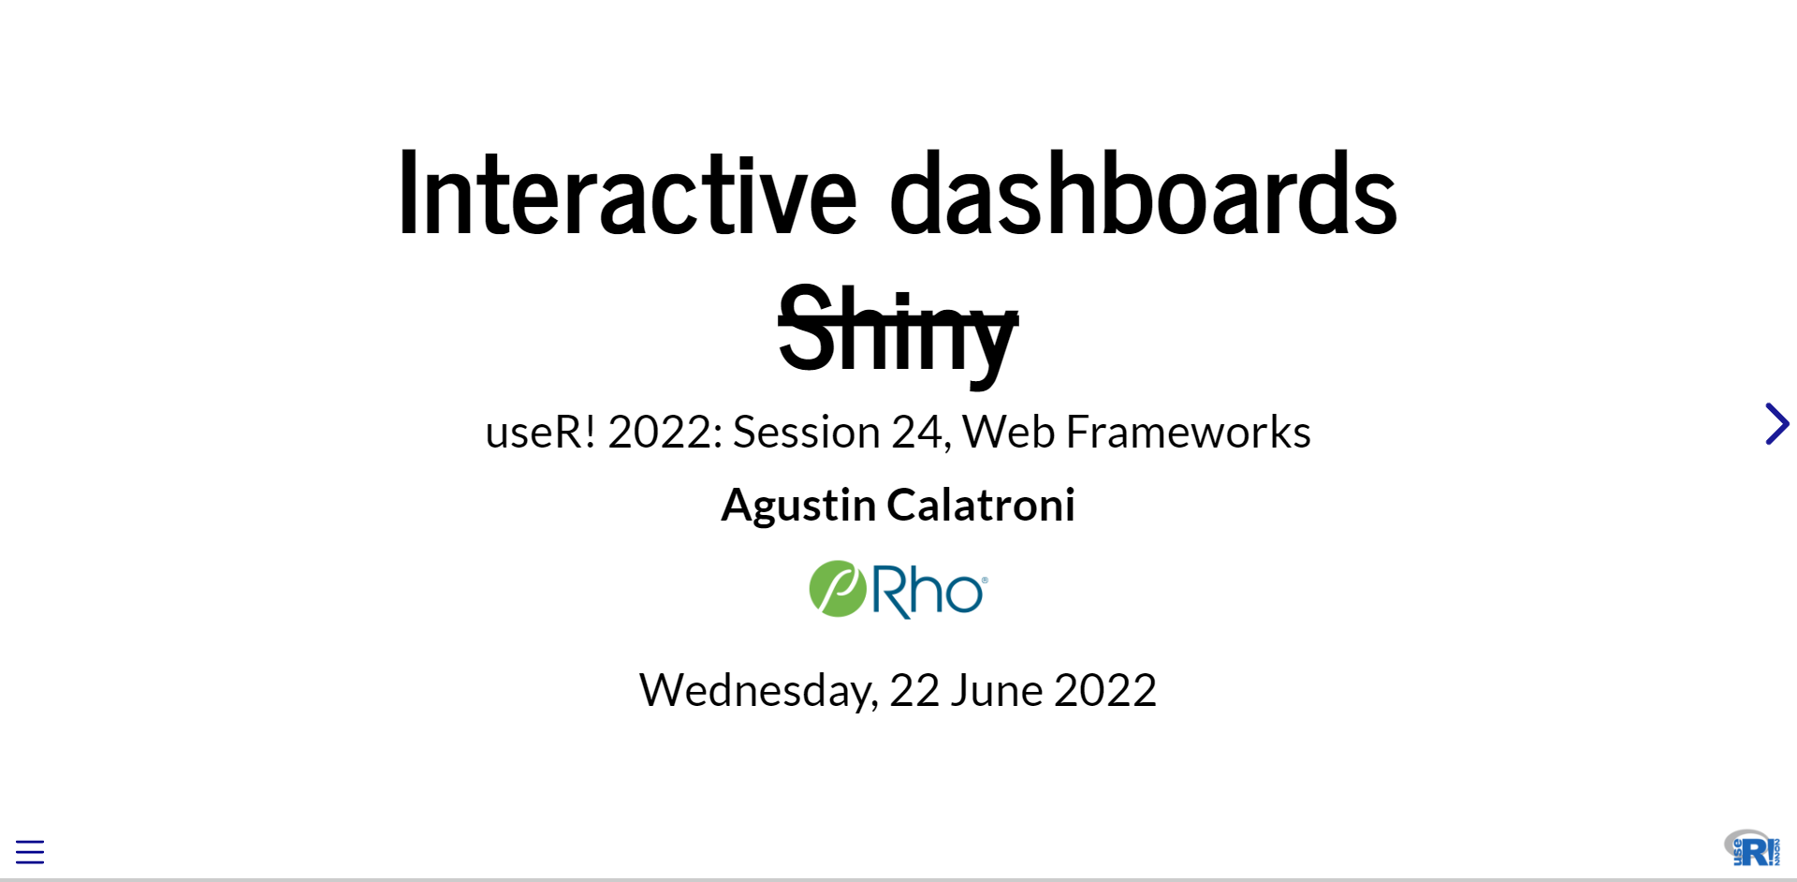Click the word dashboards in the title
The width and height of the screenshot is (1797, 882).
pos(1143,194)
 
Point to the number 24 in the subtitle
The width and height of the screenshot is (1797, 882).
pos(921,433)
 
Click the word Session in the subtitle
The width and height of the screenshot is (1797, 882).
pos(806,432)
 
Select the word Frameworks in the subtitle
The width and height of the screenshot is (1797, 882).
pos(1189,432)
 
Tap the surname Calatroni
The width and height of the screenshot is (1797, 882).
pos(981,505)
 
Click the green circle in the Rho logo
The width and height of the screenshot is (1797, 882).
pos(838,589)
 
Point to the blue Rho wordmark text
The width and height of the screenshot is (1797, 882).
pos(928,591)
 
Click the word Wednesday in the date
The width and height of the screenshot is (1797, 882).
pos(758,691)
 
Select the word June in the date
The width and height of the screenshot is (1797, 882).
pos(997,690)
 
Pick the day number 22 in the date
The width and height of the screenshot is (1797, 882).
pos(914,690)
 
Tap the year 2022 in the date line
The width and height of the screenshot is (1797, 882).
pos(1105,690)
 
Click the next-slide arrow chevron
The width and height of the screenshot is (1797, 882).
pos(1776,424)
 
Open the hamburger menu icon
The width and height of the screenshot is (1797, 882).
pos(30,851)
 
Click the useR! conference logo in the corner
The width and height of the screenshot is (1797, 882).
pos(1752,848)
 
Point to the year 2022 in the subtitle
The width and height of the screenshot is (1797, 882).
pos(665,432)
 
